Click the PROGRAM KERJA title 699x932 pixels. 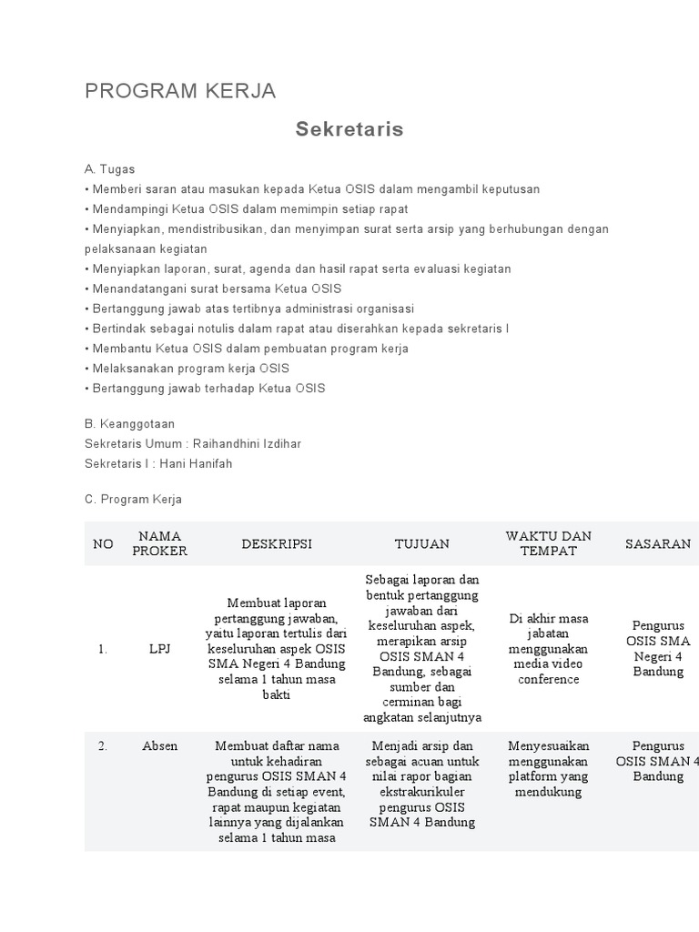180,91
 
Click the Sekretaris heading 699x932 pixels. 349,129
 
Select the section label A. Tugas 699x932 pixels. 109,169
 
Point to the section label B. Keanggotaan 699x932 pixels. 129,424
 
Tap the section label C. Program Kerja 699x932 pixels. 133,500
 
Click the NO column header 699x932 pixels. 103,543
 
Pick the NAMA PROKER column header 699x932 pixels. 160,543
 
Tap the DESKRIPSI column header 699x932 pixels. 277,543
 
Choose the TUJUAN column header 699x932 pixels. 422,543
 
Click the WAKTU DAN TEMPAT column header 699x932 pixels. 549,543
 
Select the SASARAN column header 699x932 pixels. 657,543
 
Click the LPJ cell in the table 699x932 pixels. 160,649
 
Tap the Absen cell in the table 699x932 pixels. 160,746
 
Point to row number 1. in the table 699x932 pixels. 103,649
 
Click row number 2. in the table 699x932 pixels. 103,746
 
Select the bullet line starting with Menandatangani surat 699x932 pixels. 213,289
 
